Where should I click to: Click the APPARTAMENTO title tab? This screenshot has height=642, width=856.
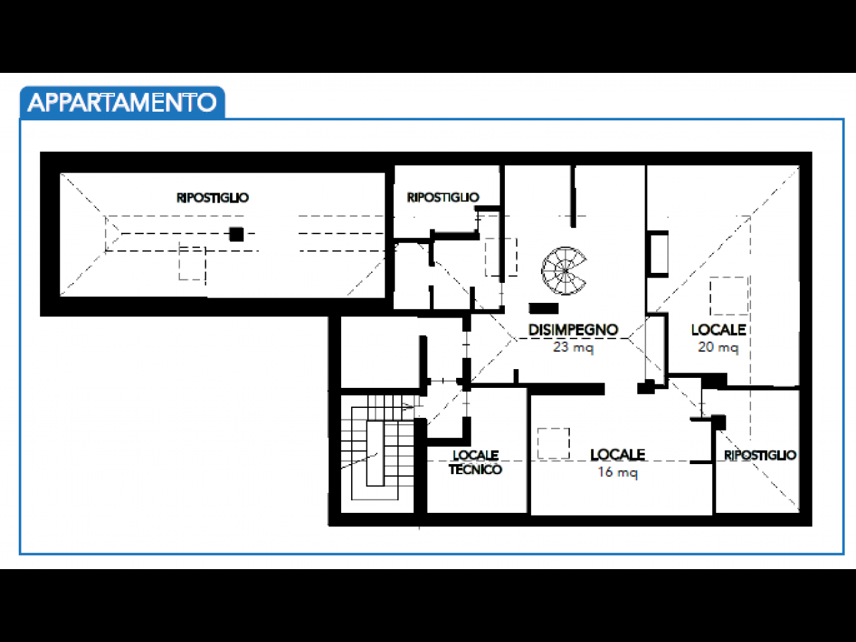click(x=122, y=102)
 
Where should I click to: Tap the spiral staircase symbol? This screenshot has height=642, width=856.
click(x=564, y=270)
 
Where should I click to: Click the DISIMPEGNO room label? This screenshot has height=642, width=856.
click(x=573, y=330)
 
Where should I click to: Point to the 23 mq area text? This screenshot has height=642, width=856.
click(x=573, y=347)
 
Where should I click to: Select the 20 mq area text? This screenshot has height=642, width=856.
click(x=718, y=347)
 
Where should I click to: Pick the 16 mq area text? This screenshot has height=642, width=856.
click(x=617, y=472)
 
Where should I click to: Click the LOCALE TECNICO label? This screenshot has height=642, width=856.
click(x=475, y=462)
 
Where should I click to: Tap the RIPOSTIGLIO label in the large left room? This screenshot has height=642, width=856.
click(x=213, y=198)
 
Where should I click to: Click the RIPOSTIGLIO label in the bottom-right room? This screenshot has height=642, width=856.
click(x=760, y=455)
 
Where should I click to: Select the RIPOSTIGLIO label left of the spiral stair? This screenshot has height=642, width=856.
click(x=443, y=197)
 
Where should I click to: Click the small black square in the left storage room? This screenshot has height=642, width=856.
click(x=236, y=234)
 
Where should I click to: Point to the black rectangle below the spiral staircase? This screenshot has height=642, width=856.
click(x=544, y=308)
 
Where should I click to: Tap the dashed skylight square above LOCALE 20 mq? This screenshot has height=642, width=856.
click(x=728, y=296)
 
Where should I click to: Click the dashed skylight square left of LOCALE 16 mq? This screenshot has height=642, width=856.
click(x=554, y=443)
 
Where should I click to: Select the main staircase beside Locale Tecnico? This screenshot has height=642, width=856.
click(x=378, y=448)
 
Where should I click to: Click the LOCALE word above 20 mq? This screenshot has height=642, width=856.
click(x=718, y=330)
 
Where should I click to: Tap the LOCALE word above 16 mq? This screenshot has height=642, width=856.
click(x=617, y=455)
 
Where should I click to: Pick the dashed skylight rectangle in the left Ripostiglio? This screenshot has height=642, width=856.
click(x=192, y=263)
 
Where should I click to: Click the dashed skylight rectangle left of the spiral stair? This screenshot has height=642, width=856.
click(x=501, y=257)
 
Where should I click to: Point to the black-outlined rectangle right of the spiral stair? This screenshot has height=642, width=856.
click(x=658, y=253)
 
